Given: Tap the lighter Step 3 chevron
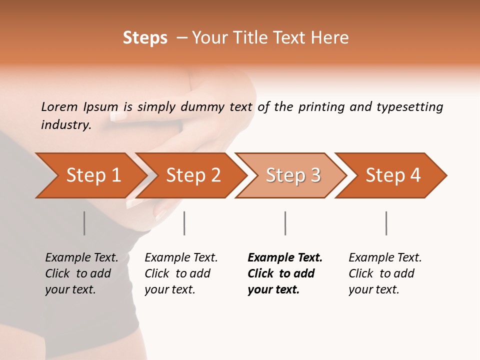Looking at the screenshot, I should point(293,175).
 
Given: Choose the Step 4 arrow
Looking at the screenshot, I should point(393,175).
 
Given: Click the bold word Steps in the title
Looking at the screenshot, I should point(145,38).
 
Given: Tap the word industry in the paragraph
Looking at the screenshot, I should point(66,125).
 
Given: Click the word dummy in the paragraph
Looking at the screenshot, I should point(203,106).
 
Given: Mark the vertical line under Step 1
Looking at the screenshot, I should point(84,223).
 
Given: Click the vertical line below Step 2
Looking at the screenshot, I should point(184,223).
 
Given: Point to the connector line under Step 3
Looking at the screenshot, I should point(285,223).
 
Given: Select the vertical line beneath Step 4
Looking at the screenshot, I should point(386,223).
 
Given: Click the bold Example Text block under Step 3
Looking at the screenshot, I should point(285,273).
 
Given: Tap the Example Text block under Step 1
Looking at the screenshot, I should point(81,273).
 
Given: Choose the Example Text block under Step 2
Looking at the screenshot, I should point(181,273).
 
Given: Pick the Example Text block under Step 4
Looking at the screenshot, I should point(385,273).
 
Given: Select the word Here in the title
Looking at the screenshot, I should point(333,38).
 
